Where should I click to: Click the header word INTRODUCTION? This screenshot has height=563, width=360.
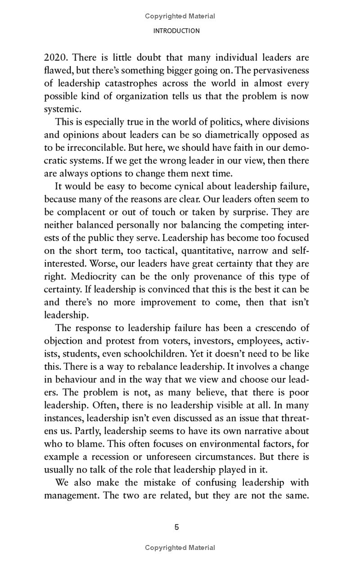[176, 31]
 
